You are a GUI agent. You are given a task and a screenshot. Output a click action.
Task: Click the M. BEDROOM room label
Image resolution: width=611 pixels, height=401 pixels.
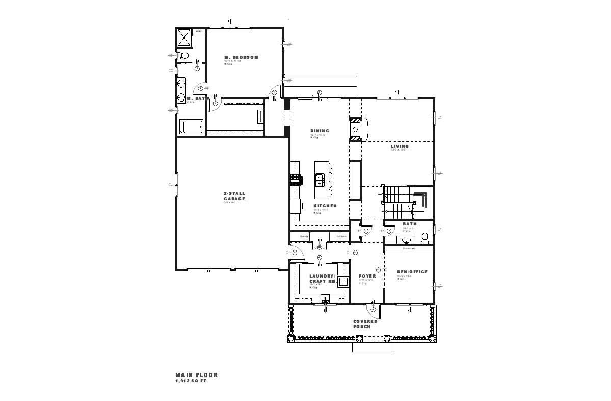(241, 57)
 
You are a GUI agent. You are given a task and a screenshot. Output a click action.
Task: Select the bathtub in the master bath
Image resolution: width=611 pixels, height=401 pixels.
(191, 127)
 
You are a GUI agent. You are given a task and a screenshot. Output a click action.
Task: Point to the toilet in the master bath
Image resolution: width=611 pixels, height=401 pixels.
(183, 55)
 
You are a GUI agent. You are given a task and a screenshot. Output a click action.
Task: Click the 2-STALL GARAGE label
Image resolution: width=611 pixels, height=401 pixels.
(234, 196)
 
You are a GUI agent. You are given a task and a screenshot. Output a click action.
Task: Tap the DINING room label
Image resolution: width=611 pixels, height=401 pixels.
(320, 131)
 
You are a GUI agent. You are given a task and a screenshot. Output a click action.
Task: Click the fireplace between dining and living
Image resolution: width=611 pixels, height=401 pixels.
(356, 129)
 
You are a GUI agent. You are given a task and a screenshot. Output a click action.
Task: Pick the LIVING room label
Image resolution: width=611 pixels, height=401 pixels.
(400, 147)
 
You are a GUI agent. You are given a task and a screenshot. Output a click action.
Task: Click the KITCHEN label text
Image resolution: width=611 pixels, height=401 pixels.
(325, 206)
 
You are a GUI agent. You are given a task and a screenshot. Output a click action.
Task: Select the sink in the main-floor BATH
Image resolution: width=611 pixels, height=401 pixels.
(407, 239)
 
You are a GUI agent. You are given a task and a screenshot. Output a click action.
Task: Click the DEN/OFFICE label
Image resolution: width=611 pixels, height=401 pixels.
(412, 272)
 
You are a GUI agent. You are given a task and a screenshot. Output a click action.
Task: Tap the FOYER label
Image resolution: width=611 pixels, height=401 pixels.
(367, 276)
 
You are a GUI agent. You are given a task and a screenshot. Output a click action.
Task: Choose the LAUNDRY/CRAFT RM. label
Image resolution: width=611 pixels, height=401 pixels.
(322, 279)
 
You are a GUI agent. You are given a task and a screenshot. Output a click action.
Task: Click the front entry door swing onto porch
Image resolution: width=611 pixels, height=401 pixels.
(373, 309)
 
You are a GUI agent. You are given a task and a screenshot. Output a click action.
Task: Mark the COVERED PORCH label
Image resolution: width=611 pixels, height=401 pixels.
(365, 323)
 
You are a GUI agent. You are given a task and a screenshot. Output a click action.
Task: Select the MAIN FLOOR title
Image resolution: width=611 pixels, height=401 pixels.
(197, 375)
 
